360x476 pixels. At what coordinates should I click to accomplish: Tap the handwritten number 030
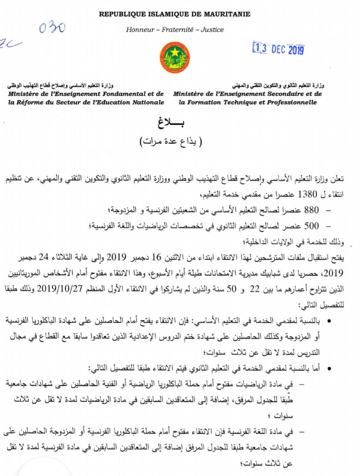(52, 28)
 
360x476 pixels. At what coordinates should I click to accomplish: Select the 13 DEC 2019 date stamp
(278, 49)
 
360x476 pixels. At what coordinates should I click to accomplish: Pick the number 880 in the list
(311, 209)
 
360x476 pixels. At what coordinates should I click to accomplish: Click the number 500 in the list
(311, 226)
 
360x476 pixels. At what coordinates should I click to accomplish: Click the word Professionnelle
(289, 102)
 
